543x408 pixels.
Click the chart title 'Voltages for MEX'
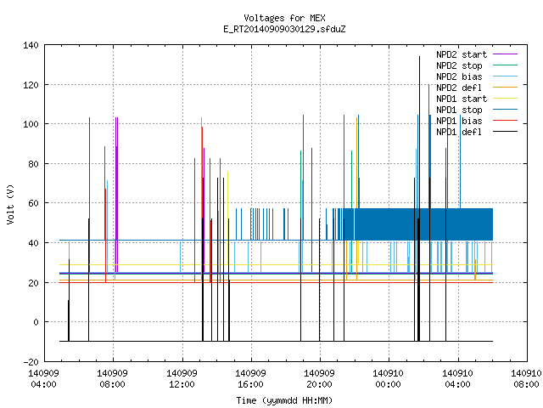pos(284,18)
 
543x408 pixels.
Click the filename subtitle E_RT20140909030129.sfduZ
pos(284,29)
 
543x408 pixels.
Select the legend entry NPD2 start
pos(477,54)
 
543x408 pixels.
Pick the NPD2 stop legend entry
pos(477,65)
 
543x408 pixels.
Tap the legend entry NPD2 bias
pos(477,76)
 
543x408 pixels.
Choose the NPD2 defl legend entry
pos(477,88)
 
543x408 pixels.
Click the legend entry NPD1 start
pos(477,99)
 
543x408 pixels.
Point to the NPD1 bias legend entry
pos(477,121)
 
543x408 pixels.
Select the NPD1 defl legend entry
pos(477,132)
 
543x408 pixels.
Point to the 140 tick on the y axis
pos(31,45)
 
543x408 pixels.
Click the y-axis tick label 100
pos(31,124)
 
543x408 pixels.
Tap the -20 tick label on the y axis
pos(31,362)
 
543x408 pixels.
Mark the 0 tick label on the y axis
pos(36,322)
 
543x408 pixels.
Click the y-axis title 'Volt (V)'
pos(10,204)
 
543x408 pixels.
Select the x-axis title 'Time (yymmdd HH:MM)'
pos(284,400)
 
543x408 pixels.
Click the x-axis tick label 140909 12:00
pos(182,379)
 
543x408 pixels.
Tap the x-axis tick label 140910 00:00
pos(389,379)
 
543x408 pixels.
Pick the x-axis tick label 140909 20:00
pos(319,379)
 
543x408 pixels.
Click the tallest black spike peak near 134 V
pos(419,57)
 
